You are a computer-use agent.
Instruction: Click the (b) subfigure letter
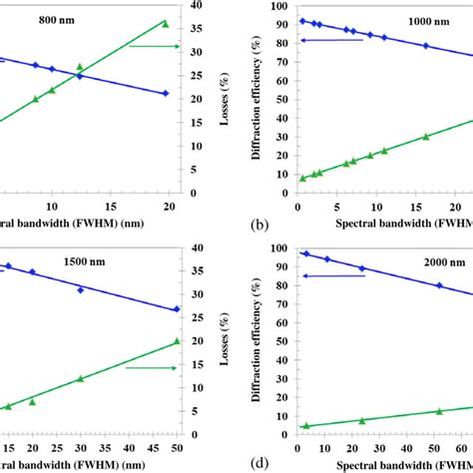pyautogui.click(x=260, y=226)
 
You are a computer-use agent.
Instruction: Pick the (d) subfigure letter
pyautogui.click(x=260, y=464)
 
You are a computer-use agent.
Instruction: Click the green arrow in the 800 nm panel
pyautogui.click(x=155, y=46)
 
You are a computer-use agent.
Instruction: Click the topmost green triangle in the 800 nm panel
pyautogui.click(x=166, y=22)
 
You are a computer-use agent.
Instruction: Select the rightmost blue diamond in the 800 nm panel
pyautogui.click(x=166, y=94)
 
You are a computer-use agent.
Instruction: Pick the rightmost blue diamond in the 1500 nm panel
pyautogui.click(x=177, y=309)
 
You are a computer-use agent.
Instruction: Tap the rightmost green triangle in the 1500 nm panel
pyautogui.click(x=177, y=340)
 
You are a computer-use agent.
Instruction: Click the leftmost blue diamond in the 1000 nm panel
pyautogui.click(x=302, y=21)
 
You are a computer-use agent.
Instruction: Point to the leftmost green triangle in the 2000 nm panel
pyautogui.click(x=305, y=425)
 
